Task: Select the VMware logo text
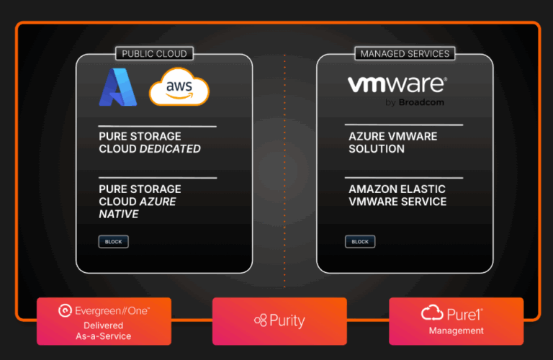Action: pyautogui.click(x=397, y=86)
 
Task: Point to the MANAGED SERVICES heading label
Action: pyautogui.click(x=404, y=53)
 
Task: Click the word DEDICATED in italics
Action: pyautogui.click(x=170, y=149)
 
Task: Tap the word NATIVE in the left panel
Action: pyautogui.click(x=119, y=215)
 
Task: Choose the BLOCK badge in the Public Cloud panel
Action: pyautogui.click(x=114, y=242)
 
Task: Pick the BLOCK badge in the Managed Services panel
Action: pyautogui.click(x=360, y=242)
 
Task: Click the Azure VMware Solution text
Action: pyautogui.click(x=392, y=143)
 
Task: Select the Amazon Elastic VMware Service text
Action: pyautogui.click(x=397, y=195)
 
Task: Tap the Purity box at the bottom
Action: pyautogui.click(x=279, y=321)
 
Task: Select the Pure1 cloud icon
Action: pyautogui.click(x=431, y=312)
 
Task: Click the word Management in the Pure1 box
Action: pyautogui.click(x=457, y=331)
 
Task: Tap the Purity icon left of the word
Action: pyautogui.click(x=260, y=321)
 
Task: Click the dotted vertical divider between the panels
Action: pyautogui.click(x=284, y=166)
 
